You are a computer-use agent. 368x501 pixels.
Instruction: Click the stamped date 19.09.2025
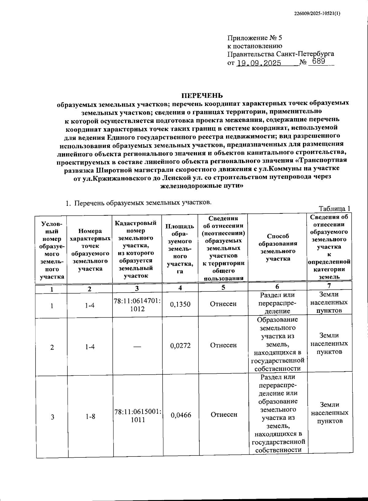[259, 64]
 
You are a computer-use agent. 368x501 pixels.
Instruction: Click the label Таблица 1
[334, 209]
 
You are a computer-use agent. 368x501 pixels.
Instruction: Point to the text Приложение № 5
[254, 38]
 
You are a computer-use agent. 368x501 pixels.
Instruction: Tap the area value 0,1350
[180, 304]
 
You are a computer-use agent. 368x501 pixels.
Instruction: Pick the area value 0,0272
[180, 346]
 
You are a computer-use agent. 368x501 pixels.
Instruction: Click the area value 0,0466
[181, 415]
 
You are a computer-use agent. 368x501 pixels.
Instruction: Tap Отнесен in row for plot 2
[223, 345]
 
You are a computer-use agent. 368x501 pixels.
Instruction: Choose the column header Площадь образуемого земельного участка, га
[180, 249]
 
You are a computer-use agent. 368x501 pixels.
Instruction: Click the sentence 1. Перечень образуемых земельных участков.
[139, 203]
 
